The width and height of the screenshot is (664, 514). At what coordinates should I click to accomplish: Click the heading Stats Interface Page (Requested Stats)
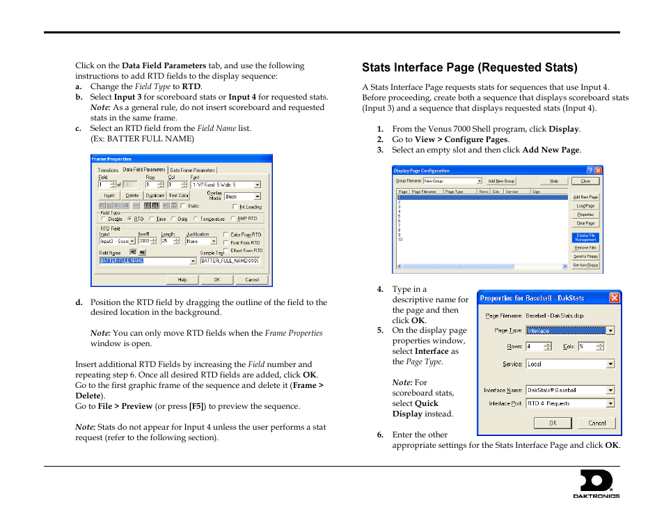469,68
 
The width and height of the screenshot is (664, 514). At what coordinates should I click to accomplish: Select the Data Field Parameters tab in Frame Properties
144,169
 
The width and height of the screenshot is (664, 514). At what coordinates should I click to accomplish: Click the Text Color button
179,196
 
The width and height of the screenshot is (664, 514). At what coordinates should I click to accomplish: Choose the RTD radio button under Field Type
131,219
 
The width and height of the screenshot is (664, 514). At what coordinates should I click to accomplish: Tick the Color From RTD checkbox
226,235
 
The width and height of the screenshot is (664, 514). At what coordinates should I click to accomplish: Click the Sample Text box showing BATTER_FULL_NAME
231,260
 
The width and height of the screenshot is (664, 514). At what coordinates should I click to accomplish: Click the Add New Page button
585,197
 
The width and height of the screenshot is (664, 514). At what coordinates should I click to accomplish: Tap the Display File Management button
585,237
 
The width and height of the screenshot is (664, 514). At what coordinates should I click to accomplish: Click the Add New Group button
500,180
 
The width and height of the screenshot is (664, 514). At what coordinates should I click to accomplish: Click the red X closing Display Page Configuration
598,170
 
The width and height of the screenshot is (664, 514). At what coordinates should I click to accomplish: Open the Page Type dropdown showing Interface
569,331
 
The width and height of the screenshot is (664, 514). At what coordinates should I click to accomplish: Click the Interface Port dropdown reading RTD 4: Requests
569,403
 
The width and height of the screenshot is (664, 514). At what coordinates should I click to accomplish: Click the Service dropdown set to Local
569,364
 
